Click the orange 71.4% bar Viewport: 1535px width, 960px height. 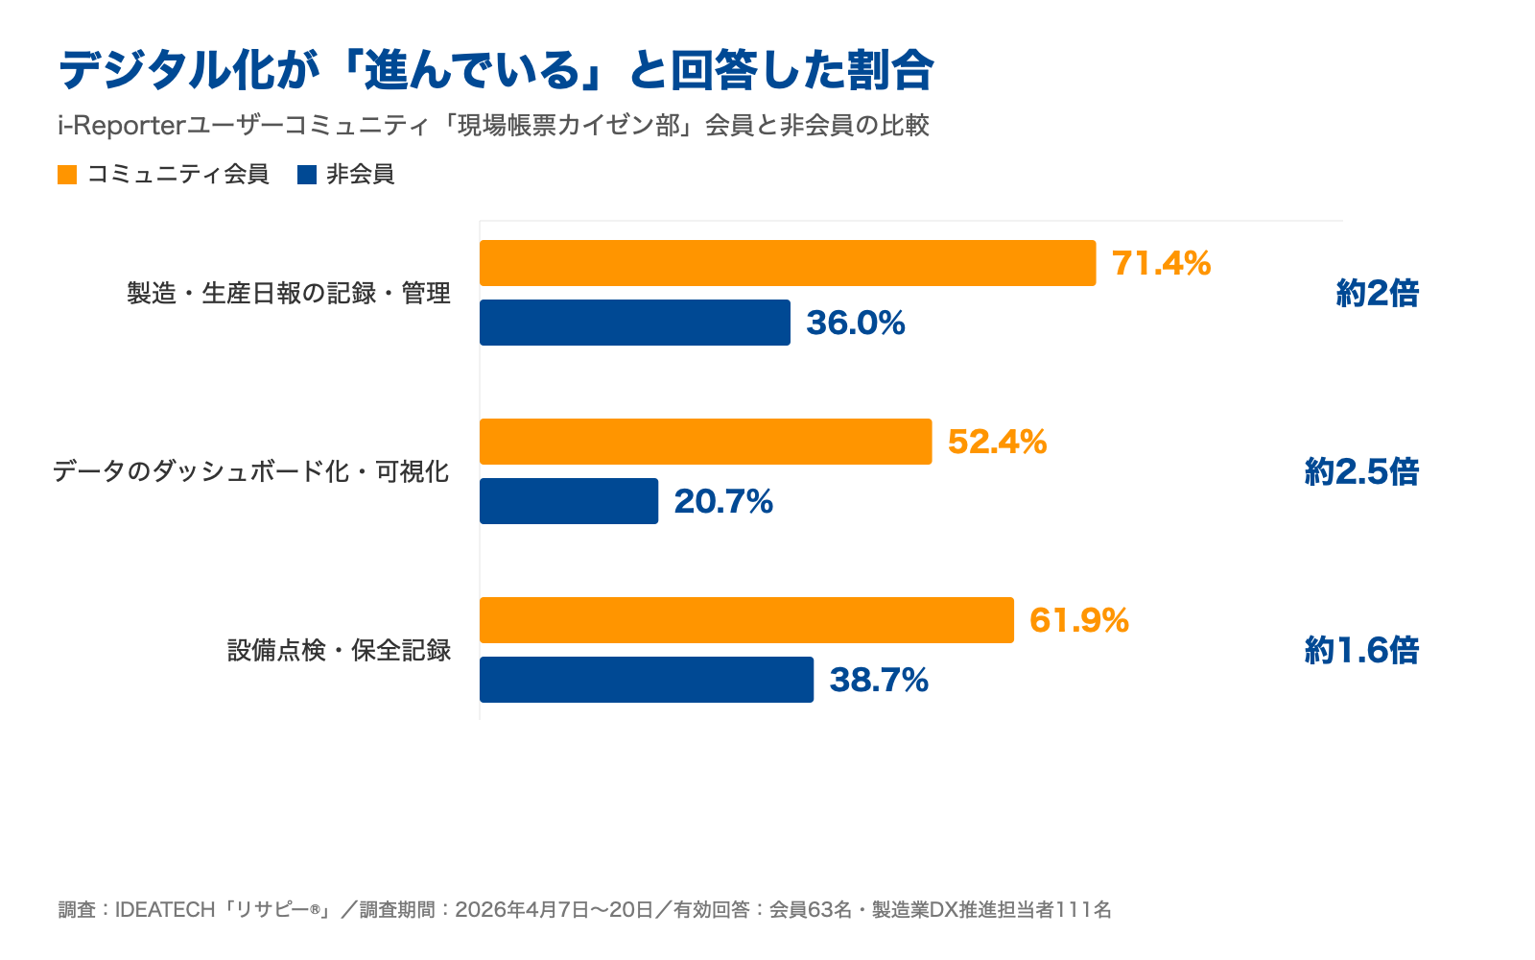[x=788, y=263]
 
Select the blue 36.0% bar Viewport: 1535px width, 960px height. [x=634, y=323]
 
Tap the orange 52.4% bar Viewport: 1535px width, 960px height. [x=706, y=442]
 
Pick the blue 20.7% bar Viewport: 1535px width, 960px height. [x=569, y=501]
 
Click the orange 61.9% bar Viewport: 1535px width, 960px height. [x=746, y=620]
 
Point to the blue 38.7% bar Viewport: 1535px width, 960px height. [x=647, y=680]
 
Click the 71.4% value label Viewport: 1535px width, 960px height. [x=1162, y=263]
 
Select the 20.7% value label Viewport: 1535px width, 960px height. [x=723, y=501]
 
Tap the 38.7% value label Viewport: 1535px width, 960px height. [x=879, y=680]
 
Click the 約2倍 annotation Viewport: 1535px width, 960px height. [x=1378, y=294]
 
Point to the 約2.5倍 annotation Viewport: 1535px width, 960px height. [x=1361, y=471]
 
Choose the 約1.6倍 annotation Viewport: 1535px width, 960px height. [x=1361, y=650]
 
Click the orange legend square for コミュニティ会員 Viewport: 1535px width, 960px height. [x=67, y=175]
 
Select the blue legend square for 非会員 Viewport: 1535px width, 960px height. [x=307, y=175]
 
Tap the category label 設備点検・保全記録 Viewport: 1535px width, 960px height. [x=340, y=650]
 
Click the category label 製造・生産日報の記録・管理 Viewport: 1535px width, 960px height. [x=289, y=294]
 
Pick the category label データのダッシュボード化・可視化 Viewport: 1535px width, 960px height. [x=251, y=471]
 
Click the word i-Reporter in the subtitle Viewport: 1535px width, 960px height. [x=123, y=126]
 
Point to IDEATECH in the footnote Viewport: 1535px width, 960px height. [x=165, y=910]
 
